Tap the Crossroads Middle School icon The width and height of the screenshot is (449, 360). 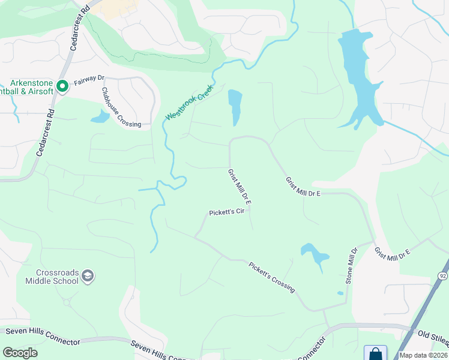click(88, 276)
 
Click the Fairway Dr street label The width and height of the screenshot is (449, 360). click(89, 79)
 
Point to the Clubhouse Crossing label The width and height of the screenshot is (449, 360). click(121, 107)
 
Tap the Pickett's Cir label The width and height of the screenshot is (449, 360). click(227, 212)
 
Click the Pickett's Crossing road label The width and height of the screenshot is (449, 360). click(272, 277)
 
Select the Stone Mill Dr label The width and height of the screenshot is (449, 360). click(351, 265)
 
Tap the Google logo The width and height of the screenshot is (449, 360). click(20, 353)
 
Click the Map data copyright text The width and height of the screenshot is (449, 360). click(423, 355)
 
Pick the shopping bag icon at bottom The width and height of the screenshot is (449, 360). click(375, 353)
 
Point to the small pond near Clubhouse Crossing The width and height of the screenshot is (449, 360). click(100, 116)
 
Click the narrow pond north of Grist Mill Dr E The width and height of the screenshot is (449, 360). click(235, 106)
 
